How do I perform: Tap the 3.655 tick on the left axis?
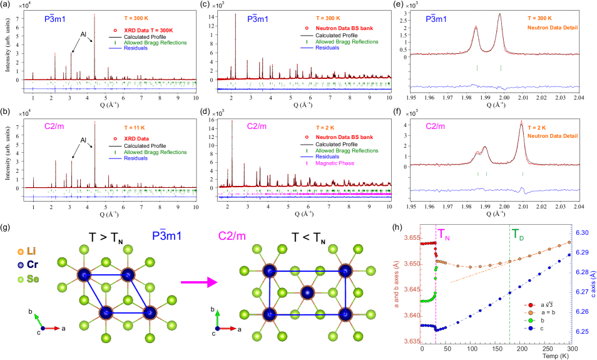(x=412, y=238)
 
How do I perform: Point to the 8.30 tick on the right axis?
(x=583, y=233)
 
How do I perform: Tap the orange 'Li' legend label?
(x=31, y=251)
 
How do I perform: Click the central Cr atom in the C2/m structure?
(x=307, y=292)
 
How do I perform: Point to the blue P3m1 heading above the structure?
(x=175, y=237)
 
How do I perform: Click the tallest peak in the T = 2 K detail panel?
(x=521, y=128)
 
